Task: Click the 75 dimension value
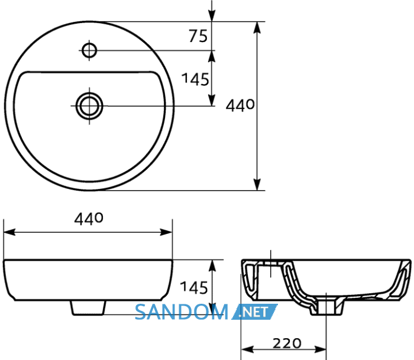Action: coord(198,36)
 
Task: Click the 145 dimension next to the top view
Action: coord(195,79)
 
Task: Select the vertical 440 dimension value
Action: coord(240,105)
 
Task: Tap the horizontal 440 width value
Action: coord(89,219)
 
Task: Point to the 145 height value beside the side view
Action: coord(194,287)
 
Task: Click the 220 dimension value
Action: coord(287,343)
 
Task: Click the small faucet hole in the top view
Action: coord(89,50)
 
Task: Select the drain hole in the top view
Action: coord(89,106)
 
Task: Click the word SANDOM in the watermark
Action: coord(182,312)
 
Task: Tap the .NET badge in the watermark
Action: coord(254,312)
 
